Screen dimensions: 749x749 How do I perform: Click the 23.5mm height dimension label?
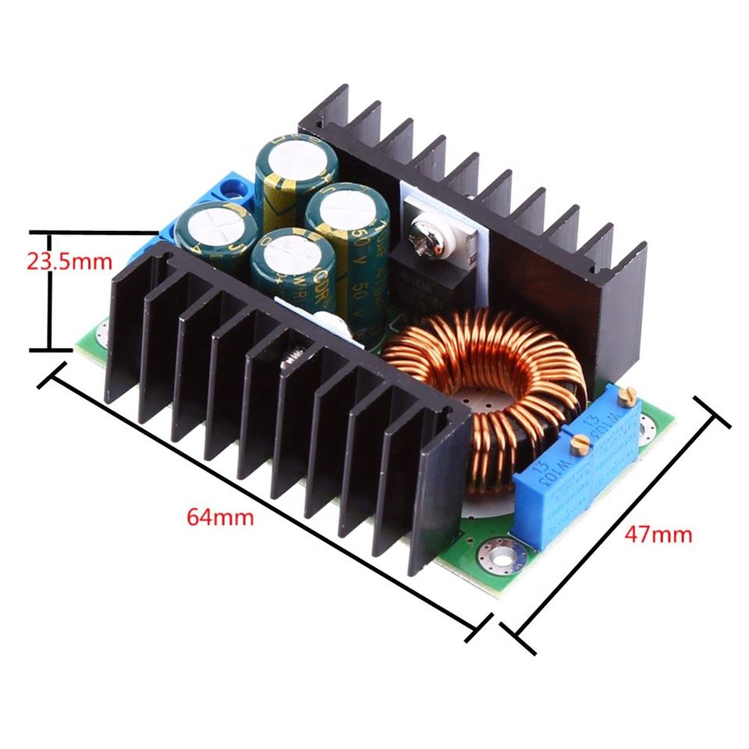(69, 261)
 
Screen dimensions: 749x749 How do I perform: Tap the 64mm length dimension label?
(220, 516)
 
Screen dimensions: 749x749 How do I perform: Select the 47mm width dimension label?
(658, 534)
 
